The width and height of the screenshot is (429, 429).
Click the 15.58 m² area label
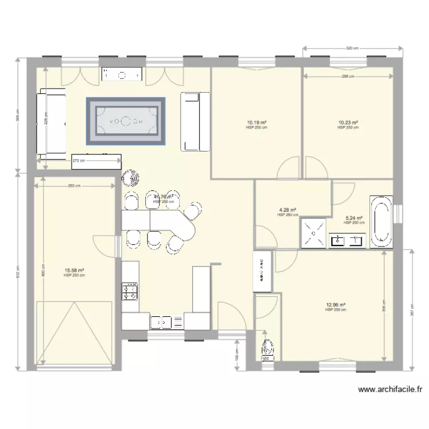pos(75,271)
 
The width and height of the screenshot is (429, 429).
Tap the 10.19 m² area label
pos(257,122)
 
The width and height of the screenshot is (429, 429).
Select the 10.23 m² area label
pos(348,122)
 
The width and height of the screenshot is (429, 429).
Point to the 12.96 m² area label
pos(335,305)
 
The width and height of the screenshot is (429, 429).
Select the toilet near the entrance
pos(267,348)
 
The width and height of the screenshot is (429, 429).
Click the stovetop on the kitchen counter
pos(130,292)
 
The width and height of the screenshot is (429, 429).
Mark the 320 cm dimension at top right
pos(351,49)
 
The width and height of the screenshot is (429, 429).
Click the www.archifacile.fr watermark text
pos(390,390)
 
